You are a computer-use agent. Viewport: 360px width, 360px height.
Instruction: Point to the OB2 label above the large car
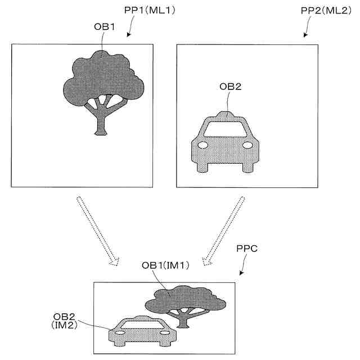point(230,86)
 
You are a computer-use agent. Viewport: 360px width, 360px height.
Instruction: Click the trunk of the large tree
point(101,121)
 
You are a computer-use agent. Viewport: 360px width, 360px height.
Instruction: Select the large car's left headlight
point(205,145)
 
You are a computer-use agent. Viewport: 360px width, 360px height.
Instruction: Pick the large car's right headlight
point(247,145)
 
